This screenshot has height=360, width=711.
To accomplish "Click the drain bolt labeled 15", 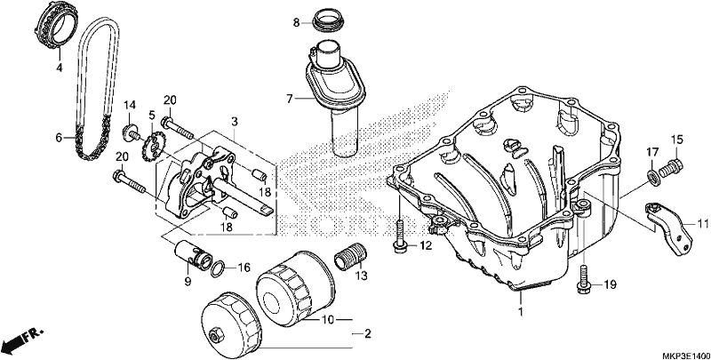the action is pos(672,167).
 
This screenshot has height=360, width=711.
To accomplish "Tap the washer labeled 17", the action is pos(652,177).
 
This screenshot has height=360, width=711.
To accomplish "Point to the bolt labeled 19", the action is pos(584,279).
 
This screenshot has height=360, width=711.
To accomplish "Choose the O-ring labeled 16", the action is pos(217,268).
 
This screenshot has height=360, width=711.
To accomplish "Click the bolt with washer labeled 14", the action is pos(131,132).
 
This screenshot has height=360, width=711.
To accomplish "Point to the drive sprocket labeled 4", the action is pos(56,24).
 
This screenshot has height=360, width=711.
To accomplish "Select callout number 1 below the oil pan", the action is pos(521,312).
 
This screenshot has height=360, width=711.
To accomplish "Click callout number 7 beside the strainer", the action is pos(291,98).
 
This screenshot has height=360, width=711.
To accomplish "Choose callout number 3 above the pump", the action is pos(234,122).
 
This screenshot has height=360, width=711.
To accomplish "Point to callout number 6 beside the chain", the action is pos(59,137).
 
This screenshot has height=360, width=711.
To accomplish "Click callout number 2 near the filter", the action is pos(368,334).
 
